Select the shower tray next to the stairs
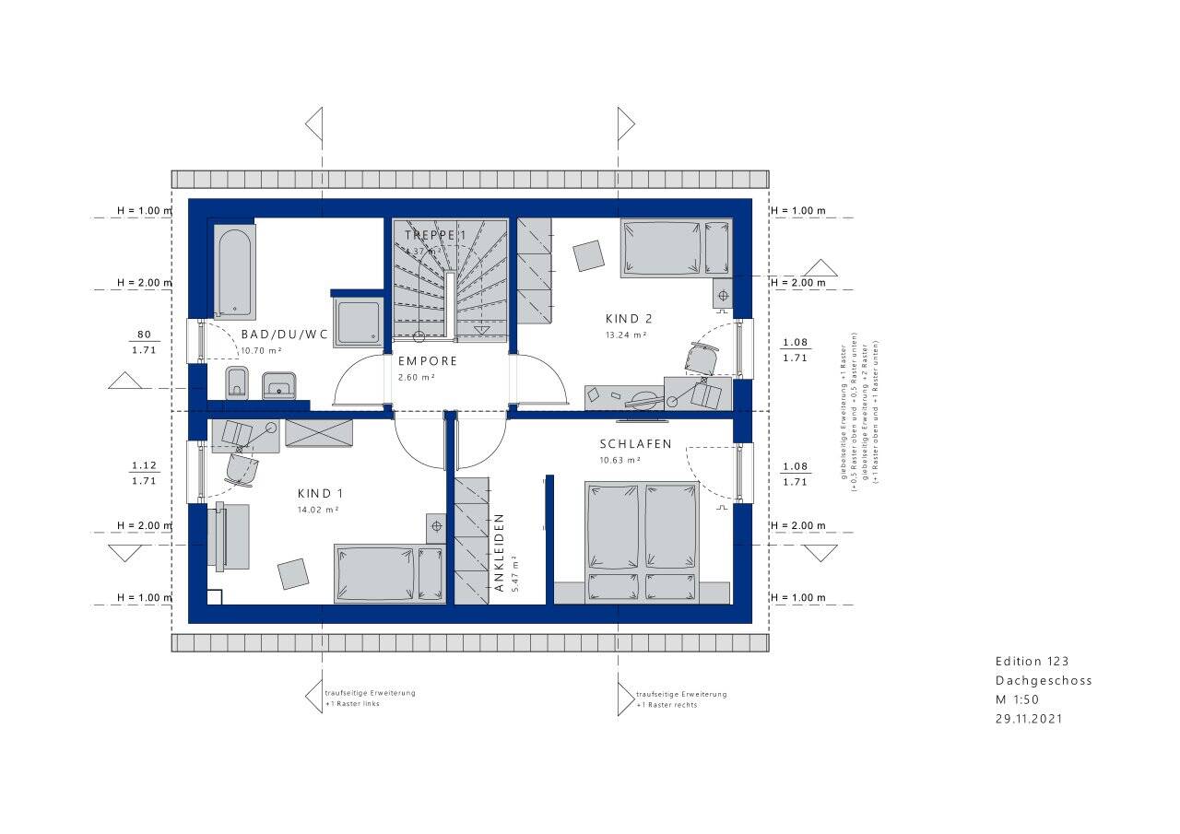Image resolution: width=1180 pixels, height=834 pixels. click(358, 323)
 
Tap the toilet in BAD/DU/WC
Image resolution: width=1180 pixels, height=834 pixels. click(237, 382)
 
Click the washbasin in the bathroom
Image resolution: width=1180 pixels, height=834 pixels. click(278, 384)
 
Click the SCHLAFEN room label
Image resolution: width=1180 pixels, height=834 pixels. click(635, 444)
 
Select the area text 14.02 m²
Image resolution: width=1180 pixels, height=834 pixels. click(319, 509)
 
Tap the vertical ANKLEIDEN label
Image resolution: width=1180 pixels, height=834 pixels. click(499, 552)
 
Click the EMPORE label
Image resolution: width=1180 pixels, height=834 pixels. click(428, 362)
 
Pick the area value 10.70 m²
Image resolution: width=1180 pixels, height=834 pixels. click(261, 351)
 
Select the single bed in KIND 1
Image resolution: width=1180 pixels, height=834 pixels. click(389, 573)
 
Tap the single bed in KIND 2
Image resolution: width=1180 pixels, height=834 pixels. click(676, 247)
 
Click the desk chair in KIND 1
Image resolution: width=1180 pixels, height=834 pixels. click(242, 469)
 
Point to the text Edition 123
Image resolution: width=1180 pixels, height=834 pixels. click(1032, 662)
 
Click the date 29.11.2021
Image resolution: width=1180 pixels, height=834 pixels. click(1029, 719)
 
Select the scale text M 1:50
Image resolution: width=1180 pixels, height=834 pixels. click(1017, 699)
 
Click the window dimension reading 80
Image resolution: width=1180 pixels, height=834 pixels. click(143, 335)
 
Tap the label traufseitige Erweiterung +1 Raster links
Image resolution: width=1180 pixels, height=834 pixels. click(370, 699)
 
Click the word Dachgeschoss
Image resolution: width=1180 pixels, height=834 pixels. click(1044, 681)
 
